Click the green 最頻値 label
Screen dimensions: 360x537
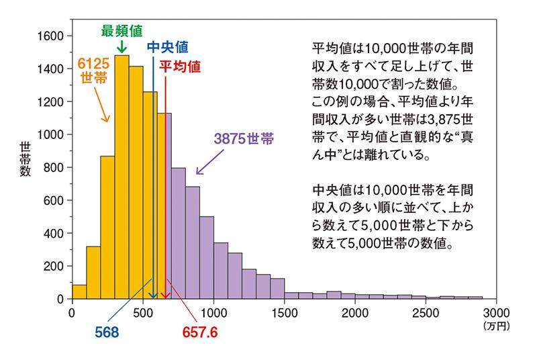pos(121,30)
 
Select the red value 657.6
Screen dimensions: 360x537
pos(201,332)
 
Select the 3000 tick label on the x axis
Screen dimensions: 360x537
pos(495,312)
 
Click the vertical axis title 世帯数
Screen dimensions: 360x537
pos(25,160)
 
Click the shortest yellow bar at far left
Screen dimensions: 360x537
pos(79,291)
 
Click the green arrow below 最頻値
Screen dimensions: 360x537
pos(121,46)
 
